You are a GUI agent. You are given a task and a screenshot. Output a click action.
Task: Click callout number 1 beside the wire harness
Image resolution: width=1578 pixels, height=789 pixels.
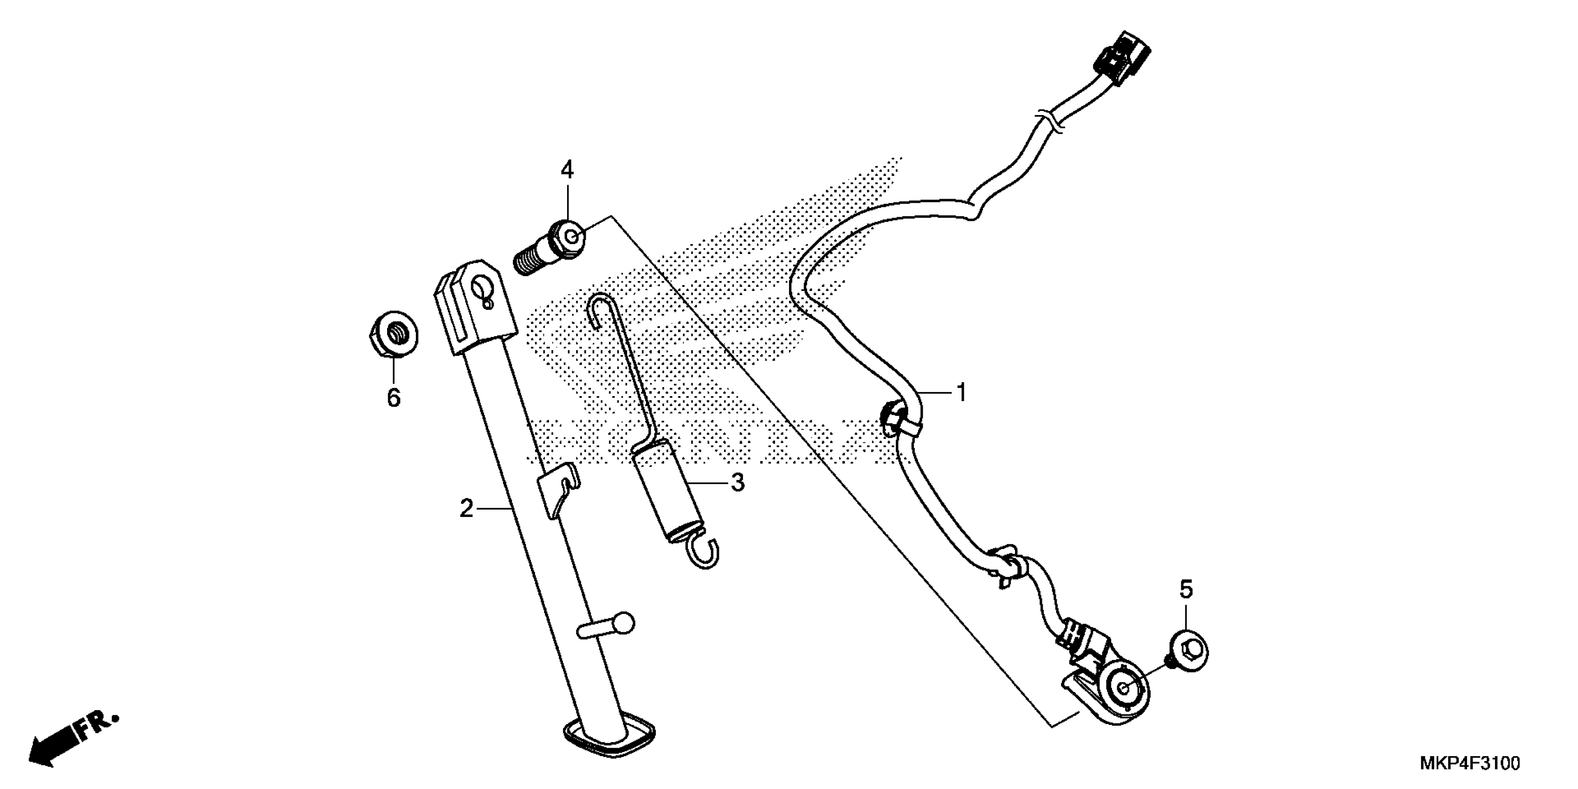(x=961, y=392)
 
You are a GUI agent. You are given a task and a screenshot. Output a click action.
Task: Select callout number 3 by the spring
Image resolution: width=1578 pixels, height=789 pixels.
(x=737, y=483)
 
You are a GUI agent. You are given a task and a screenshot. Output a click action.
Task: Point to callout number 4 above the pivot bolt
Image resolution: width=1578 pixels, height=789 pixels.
(x=567, y=170)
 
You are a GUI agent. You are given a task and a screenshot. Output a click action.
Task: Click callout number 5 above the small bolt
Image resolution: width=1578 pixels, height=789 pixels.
(x=1187, y=590)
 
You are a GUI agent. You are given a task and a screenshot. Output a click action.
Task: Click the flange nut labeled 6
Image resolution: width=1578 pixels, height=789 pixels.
(x=394, y=335)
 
